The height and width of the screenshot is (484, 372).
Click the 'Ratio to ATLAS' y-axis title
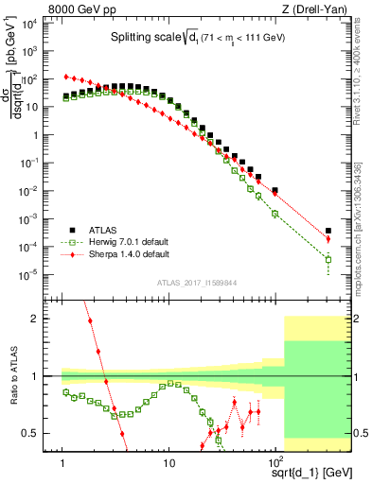click(13, 377)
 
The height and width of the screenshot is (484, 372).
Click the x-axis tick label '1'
click(62, 463)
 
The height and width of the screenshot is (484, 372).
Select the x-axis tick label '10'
click(168, 463)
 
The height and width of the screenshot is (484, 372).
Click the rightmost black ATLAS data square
click(328, 231)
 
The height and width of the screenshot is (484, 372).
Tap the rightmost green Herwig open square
click(328, 259)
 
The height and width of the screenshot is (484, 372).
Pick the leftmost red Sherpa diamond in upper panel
click(64, 77)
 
